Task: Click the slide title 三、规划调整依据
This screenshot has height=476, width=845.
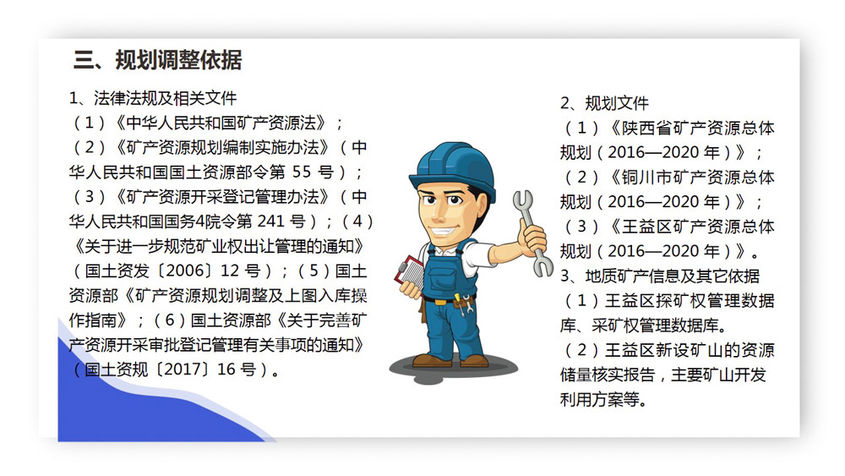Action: (x=157, y=60)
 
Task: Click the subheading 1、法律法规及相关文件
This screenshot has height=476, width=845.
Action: (x=153, y=98)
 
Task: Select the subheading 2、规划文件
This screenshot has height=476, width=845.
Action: (x=604, y=103)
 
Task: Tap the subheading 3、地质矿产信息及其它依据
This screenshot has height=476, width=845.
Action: (x=660, y=276)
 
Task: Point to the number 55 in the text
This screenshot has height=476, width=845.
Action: (x=302, y=172)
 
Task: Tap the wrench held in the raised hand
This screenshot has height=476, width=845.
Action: (x=532, y=233)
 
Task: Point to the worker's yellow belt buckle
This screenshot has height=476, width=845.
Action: (x=440, y=301)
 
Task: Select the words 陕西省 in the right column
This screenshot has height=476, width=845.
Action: (x=646, y=128)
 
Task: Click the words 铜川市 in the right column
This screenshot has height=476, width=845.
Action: (x=646, y=177)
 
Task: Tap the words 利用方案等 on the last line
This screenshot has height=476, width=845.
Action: (x=600, y=399)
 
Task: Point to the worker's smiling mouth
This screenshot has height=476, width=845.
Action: (x=442, y=233)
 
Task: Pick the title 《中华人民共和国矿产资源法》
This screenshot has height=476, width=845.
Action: (x=221, y=123)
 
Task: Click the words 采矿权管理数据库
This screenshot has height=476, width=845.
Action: (x=656, y=326)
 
